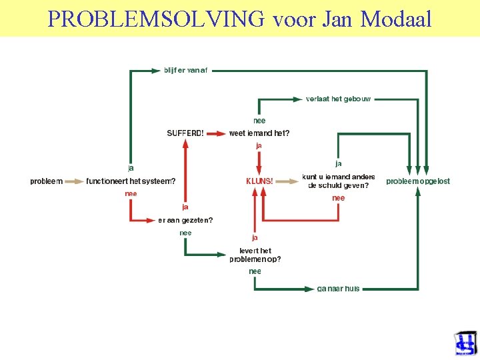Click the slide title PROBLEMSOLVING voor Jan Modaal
click(240, 19)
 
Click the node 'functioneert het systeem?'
click(131, 181)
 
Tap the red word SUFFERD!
click(185, 133)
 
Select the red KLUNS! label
click(259, 181)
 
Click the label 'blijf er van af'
click(186, 70)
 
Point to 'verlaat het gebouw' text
click(338, 99)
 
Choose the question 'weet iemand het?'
click(259, 133)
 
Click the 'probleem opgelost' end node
click(418, 181)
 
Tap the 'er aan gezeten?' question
click(185, 220)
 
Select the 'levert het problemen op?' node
click(255, 255)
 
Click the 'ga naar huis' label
click(338, 289)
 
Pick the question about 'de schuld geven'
click(338, 181)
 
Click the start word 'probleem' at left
click(46, 181)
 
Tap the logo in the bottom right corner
click(465, 344)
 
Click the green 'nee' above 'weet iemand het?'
click(259, 121)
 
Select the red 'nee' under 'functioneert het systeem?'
click(131, 193)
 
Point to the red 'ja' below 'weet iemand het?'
click(259, 145)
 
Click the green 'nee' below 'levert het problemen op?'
click(255, 271)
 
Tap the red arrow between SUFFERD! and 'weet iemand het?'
click(216, 133)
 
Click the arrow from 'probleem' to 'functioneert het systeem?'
click(74, 181)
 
